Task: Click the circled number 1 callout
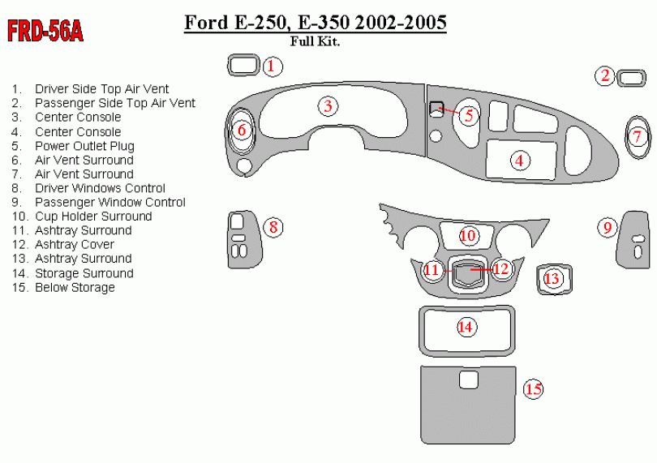pyautogui.click(x=273, y=66)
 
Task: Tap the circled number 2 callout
pyautogui.click(x=605, y=76)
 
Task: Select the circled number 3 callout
pyautogui.click(x=327, y=106)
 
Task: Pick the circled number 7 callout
pyautogui.click(x=638, y=136)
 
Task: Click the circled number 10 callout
pyautogui.click(x=468, y=236)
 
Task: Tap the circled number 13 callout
pyautogui.click(x=552, y=279)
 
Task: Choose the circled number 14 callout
pyautogui.click(x=465, y=327)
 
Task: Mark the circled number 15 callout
pyautogui.click(x=533, y=390)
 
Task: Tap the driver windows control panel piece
pyautogui.click(x=241, y=239)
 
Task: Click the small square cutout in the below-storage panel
pyautogui.click(x=468, y=379)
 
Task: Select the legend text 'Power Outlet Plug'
pyautogui.click(x=84, y=146)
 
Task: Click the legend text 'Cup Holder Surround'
pyautogui.click(x=93, y=216)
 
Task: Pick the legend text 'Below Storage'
pyautogui.click(x=75, y=287)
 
